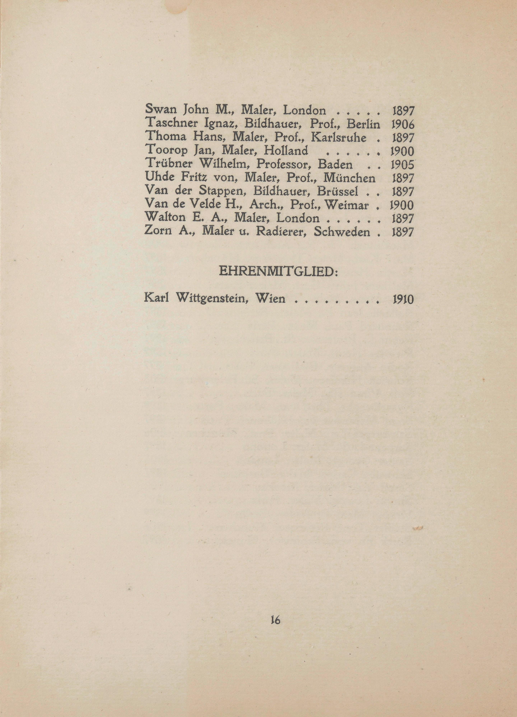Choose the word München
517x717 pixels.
coord(350,178)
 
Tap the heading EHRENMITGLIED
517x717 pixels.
coord(278,272)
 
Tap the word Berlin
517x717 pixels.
coord(363,124)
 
